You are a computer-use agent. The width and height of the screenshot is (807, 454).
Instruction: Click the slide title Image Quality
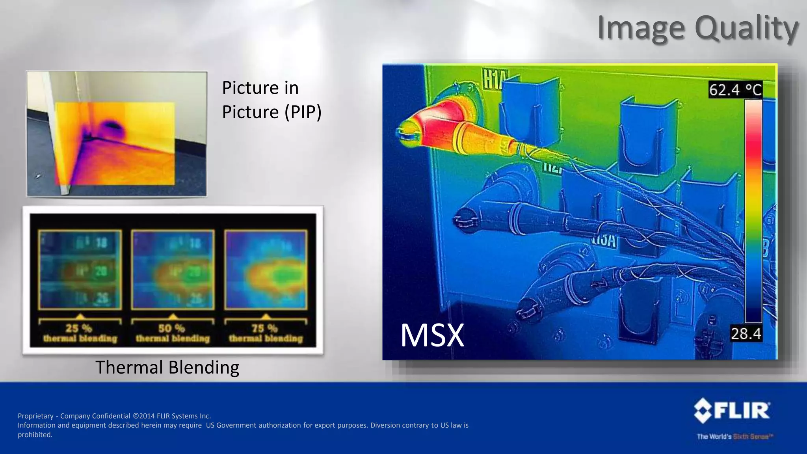[697, 28]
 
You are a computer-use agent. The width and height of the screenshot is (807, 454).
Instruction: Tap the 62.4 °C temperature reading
[735, 90]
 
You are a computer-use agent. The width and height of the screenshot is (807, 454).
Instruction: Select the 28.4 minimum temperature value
[746, 334]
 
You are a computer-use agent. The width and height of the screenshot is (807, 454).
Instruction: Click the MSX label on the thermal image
[432, 335]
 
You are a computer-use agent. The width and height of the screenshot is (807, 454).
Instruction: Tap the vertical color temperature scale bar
[753, 211]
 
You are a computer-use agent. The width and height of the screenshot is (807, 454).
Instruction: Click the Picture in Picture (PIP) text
[271, 100]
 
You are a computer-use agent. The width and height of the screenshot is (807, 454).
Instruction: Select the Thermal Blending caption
[167, 367]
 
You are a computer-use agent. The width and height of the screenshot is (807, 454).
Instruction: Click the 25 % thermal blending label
[80, 333]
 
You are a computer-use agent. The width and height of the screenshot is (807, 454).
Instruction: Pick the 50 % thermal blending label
[173, 333]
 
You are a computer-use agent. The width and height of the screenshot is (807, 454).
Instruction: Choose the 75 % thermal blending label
[266, 333]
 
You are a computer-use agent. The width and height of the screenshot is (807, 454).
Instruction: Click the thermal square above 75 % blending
[266, 270]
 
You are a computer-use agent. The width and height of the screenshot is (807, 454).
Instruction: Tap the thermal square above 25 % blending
[80, 270]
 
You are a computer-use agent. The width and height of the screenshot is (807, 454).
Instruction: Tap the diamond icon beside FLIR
[703, 411]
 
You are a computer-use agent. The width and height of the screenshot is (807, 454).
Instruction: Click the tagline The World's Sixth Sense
[735, 436]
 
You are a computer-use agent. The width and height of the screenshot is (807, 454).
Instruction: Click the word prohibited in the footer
[35, 435]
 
